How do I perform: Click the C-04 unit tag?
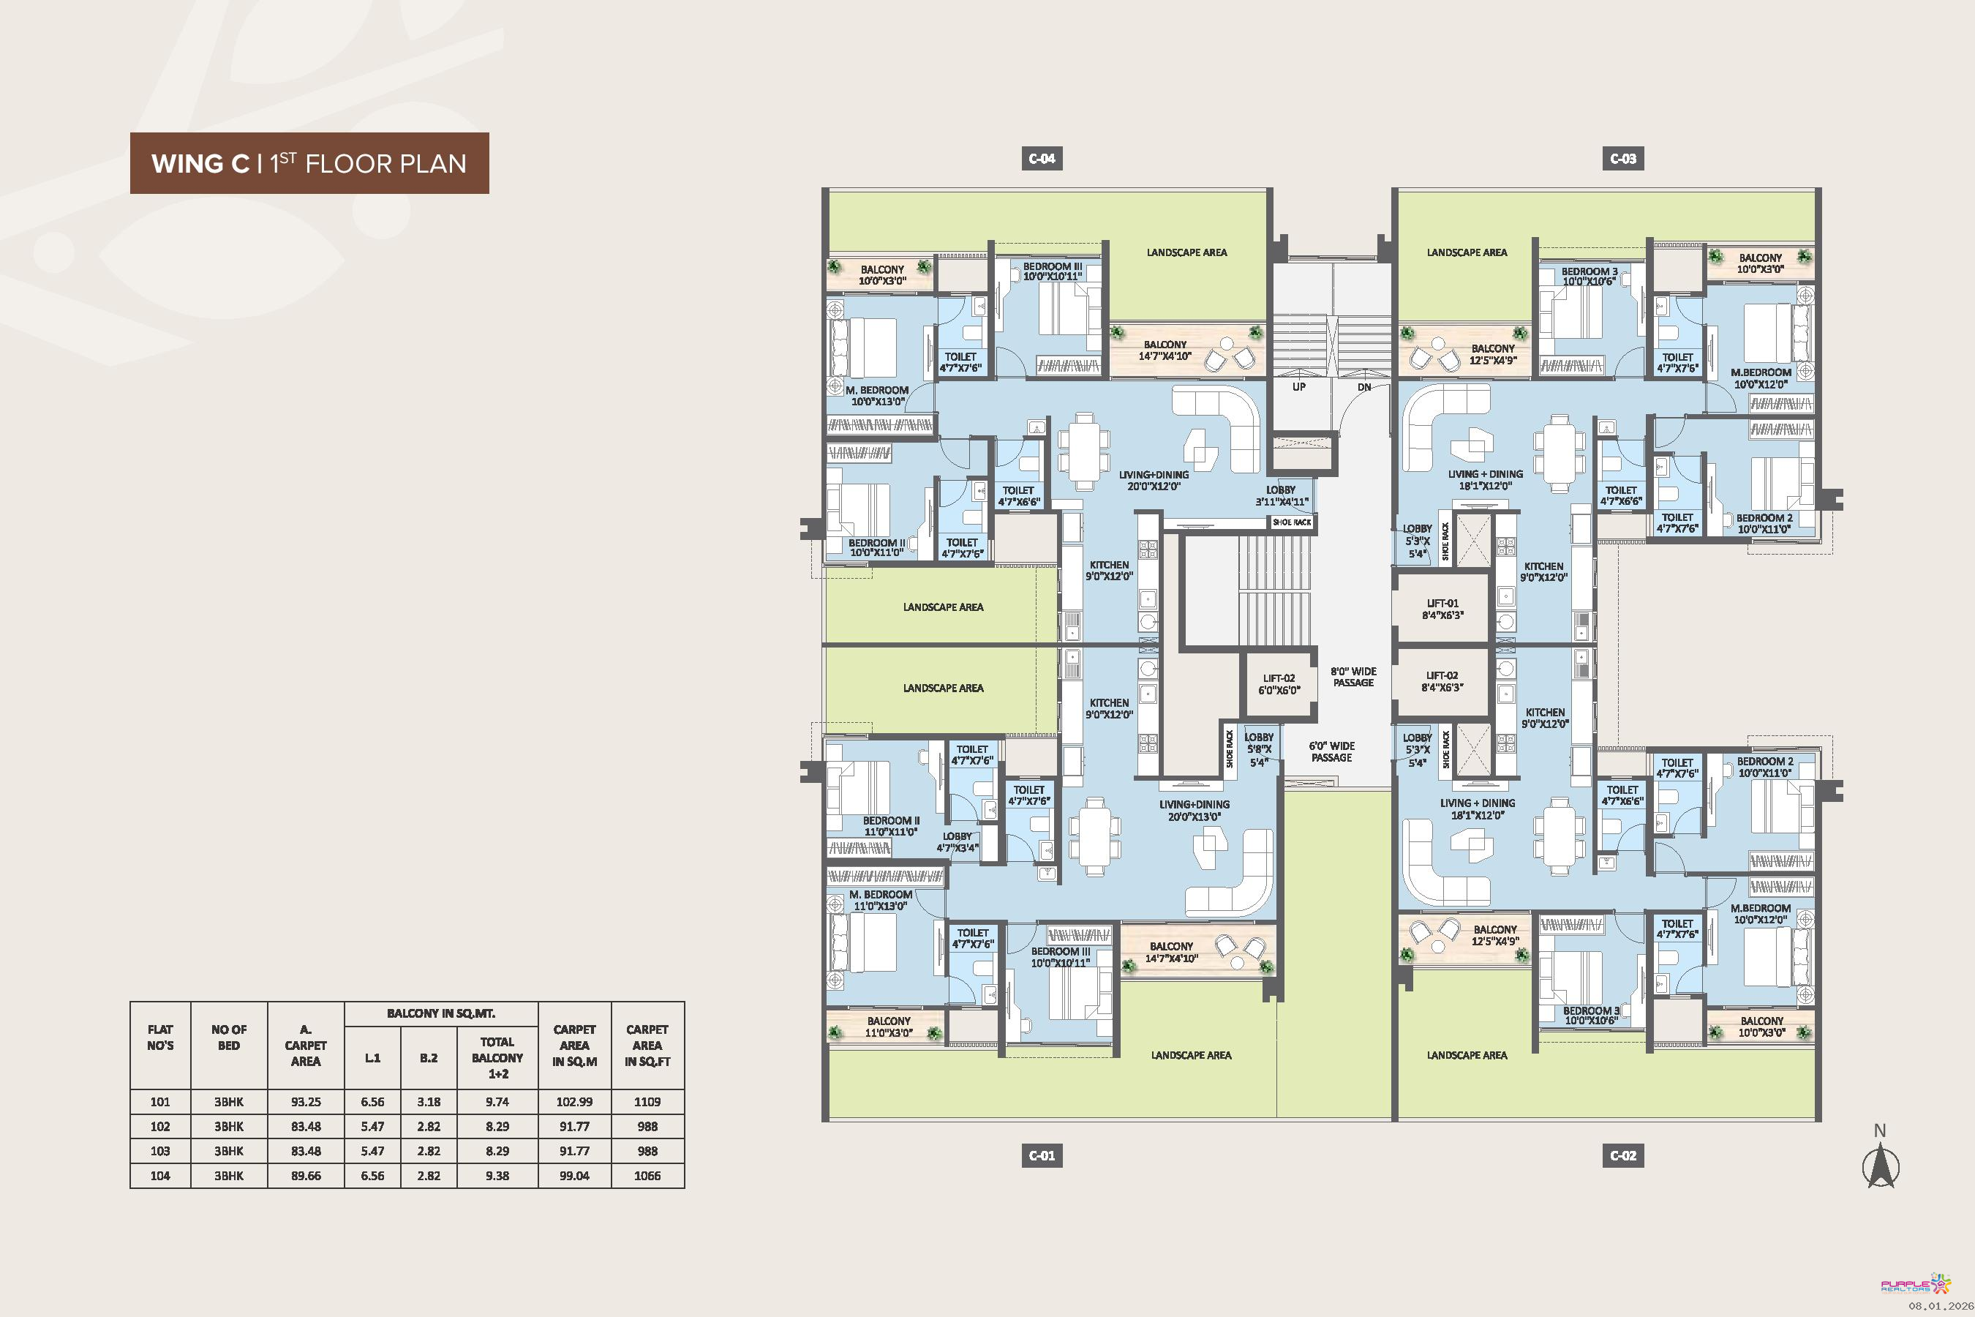pyautogui.click(x=1042, y=159)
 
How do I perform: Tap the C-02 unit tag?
pyautogui.click(x=1623, y=1156)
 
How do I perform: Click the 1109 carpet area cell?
pyautogui.click(x=647, y=1102)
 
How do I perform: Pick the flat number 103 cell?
pyautogui.click(x=159, y=1151)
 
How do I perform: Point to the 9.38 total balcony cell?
pyautogui.click(x=497, y=1176)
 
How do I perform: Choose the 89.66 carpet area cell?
pyautogui.click(x=306, y=1176)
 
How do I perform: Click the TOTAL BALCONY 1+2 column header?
pyautogui.click(x=497, y=1058)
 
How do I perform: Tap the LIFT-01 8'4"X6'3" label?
pyautogui.click(x=1442, y=609)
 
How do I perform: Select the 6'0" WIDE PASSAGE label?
pyautogui.click(x=1332, y=751)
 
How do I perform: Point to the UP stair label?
pyautogui.click(x=1299, y=387)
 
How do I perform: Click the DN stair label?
pyautogui.click(x=1364, y=387)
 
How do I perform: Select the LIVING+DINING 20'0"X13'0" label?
pyautogui.click(x=1194, y=811)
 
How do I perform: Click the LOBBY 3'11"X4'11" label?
pyautogui.click(x=1282, y=495)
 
